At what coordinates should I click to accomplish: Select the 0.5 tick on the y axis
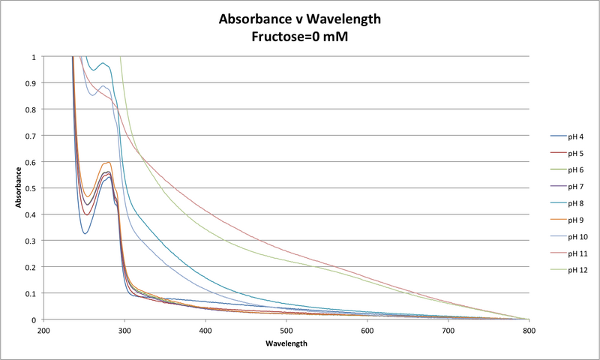pos(31,188)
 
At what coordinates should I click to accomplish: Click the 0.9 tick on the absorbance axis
pos(31,83)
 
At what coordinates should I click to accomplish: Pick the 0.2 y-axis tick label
pos(31,267)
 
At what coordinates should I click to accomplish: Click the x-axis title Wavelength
pos(286,343)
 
